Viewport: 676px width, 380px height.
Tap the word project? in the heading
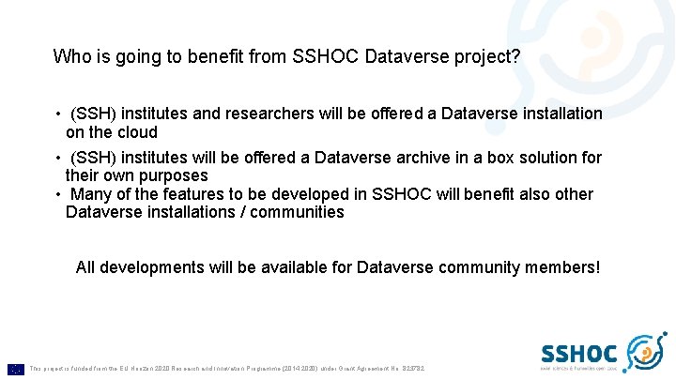pyautogui.click(x=486, y=57)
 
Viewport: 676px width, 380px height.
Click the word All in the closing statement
pyautogui.click(x=85, y=267)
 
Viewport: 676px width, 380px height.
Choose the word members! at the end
pyautogui.click(x=563, y=267)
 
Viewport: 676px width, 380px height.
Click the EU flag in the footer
pyautogui.click(x=16, y=369)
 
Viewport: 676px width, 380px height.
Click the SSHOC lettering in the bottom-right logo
pyautogui.click(x=579, y=354)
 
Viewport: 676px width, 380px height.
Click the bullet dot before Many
pyautogui.click(x=58, y=194)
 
